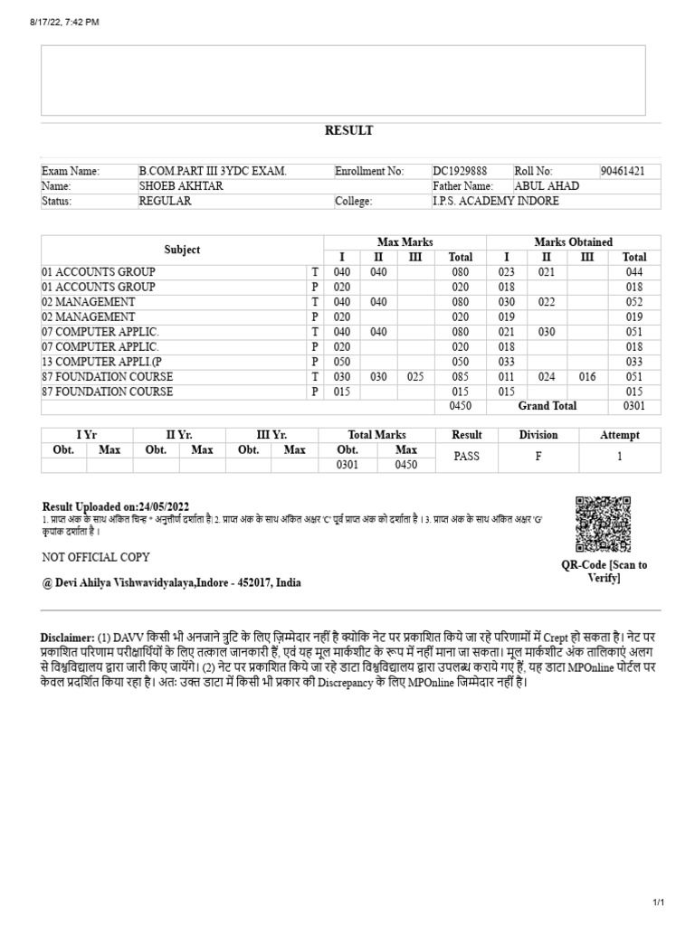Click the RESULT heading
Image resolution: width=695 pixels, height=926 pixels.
tap(348, 130)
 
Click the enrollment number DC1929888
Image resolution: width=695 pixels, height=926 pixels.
tap(460, 171)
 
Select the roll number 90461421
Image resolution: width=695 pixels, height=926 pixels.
tap(623, 171)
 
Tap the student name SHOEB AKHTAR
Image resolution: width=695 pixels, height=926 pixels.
tap(180, 185)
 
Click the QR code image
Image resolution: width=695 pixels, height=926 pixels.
tap(603, 524)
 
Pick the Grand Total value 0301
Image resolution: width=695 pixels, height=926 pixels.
tap(634, 407)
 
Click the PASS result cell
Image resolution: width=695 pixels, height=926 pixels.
tap(467, 457)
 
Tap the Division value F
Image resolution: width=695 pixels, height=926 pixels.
tap(538, 457)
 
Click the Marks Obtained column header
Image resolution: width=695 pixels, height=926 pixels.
tap(573, 241)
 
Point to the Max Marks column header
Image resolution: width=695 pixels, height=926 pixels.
tap(405, 241)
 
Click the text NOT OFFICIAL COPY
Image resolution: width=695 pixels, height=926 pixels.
tap(96, 557)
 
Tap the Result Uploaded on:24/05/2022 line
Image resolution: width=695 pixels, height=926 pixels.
tap(116, 506)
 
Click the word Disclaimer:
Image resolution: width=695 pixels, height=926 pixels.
tap(67, 637)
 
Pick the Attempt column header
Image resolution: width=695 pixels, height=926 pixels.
tap(619, 435)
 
